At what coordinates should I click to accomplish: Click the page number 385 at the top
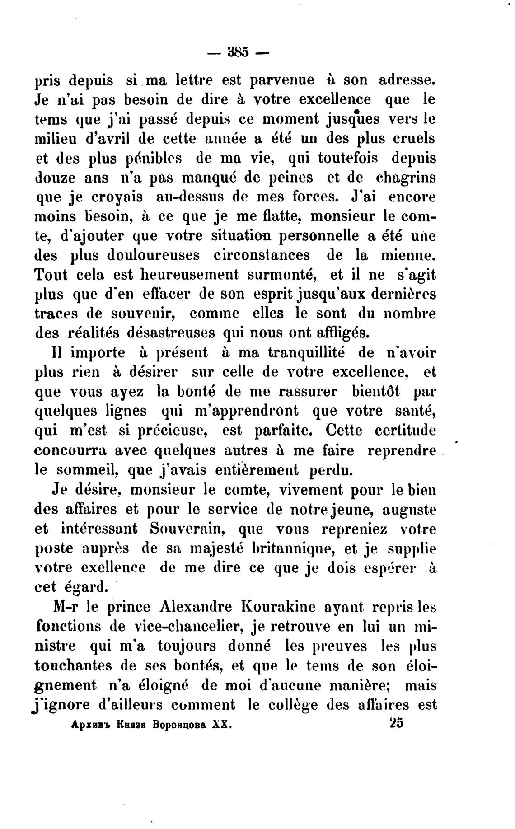[238, 52]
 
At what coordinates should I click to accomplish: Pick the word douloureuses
[153, 256]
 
